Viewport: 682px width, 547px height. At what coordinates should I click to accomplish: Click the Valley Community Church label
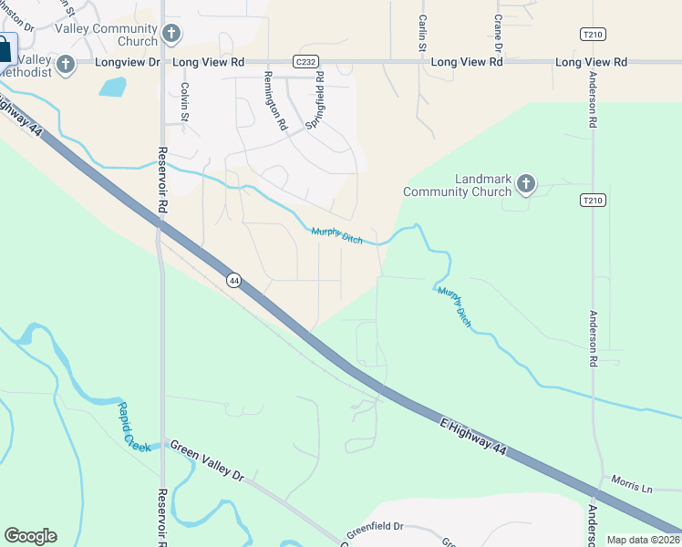click(x=106, y=35)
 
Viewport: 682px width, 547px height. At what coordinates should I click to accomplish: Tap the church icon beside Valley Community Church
click(x=170, y=36)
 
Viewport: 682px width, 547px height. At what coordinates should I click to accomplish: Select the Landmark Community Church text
click(x=458, y=185)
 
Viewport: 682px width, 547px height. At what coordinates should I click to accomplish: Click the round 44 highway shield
click(x=234, y=281)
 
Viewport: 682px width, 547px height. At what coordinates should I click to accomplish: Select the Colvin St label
click(x=184, y=101)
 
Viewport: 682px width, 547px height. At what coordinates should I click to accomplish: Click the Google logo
click(x=30, y=536)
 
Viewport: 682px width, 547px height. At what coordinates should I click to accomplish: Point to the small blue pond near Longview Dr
click(x=112, y=88)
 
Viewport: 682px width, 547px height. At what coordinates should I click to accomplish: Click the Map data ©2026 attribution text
click(x=643, y=540)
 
